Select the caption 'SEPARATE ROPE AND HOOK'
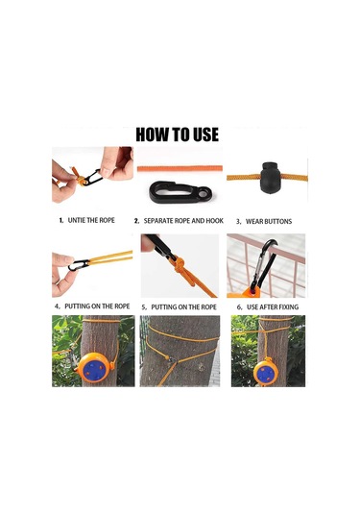coord(181,220)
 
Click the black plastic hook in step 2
coord(174,192)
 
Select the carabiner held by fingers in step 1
coord(92,178)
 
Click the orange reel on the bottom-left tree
coord(93,367)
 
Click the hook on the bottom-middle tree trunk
coord(169,362)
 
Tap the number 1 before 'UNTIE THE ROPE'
coord(60,219)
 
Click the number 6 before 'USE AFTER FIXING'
coord(239,306)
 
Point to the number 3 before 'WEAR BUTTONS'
coord(238,220)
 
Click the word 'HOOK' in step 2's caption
coord(216,220)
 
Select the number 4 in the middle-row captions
coord(57,306)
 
